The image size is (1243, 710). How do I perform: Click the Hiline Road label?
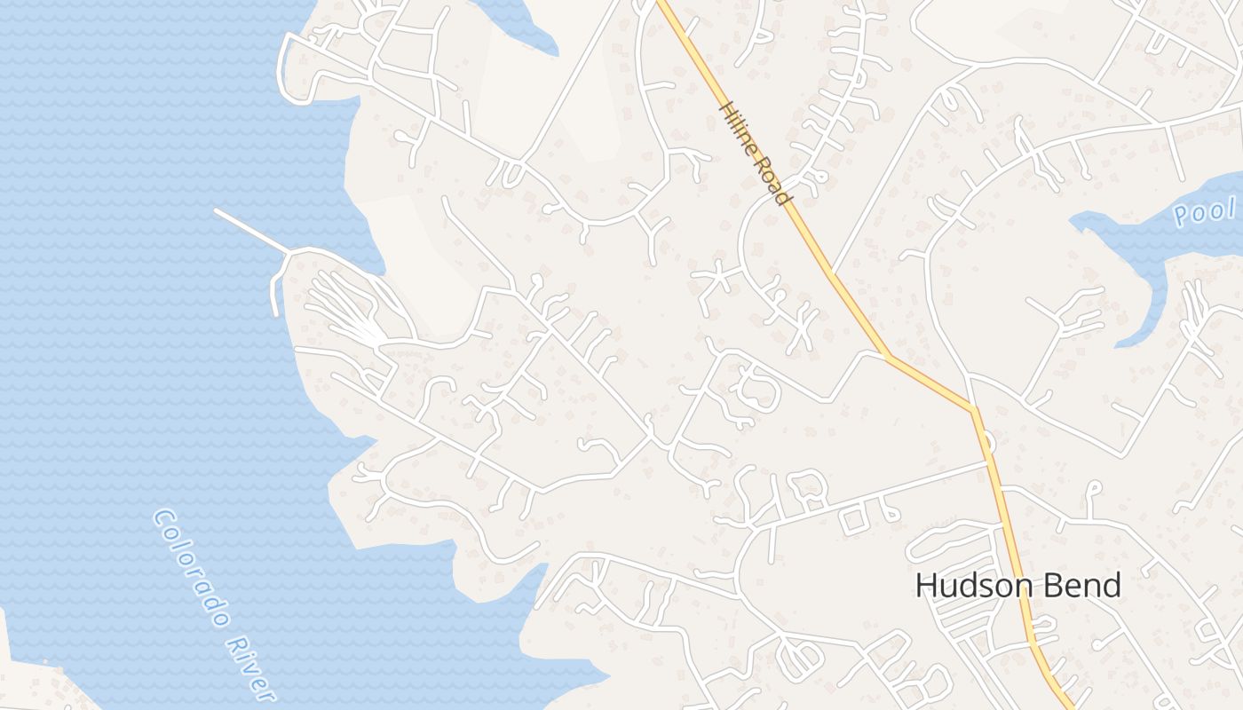(754, 154)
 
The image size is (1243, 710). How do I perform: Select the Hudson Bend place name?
(1017, 586)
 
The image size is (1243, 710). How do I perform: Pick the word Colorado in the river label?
(191, 567)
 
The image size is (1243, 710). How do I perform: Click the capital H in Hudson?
(926, 586)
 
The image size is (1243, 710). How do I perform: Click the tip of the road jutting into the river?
(217, 211)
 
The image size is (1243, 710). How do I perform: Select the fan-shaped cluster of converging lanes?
(351, 311)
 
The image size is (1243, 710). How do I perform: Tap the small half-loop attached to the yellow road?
(988, 441)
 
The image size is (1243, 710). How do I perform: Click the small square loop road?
(853, 520)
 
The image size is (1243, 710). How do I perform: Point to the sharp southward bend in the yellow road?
(974, 410)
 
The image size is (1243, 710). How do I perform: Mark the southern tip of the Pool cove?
(1123, 342)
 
